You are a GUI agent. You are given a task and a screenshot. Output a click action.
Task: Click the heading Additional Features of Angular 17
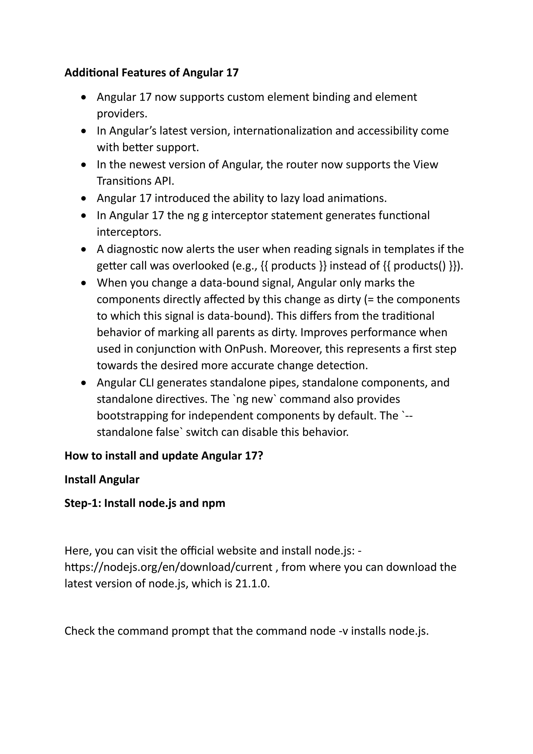point(151,73)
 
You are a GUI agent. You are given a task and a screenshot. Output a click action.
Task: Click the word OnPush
point(245,349)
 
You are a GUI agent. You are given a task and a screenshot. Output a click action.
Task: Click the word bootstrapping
point(132,416)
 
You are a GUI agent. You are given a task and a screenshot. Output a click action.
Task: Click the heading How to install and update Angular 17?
point(164,456)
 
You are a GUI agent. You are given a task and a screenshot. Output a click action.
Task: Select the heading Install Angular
point(102,480)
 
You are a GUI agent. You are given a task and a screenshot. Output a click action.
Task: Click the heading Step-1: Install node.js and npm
point(145,503)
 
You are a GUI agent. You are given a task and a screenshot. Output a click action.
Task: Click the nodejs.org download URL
point(168,567)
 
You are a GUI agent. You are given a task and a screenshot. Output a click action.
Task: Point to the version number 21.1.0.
point(252,583)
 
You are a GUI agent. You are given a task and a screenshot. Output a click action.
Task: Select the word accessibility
point(387,131)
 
